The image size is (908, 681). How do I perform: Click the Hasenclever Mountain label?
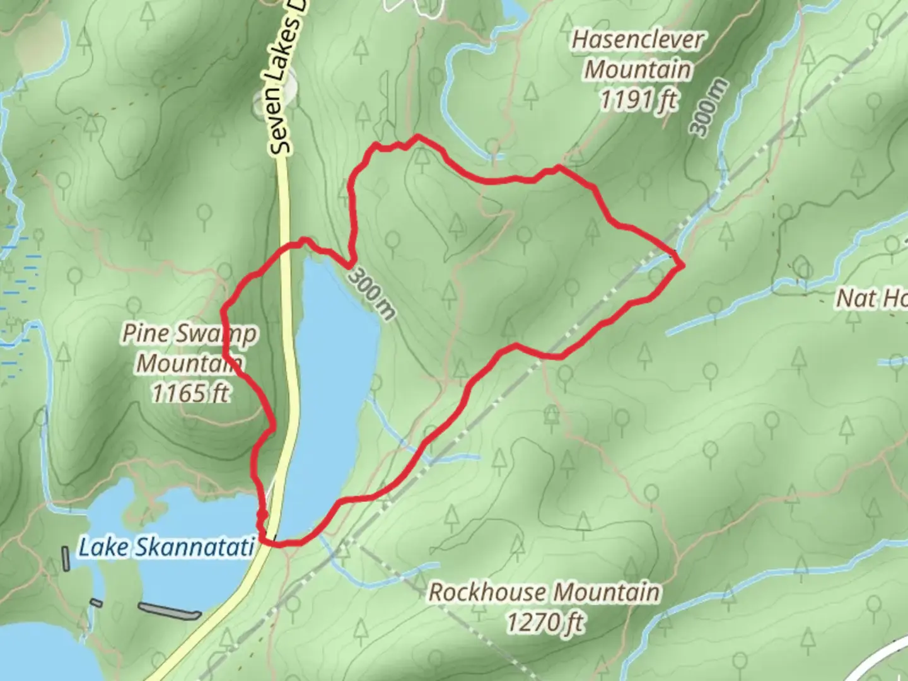click(637, 54)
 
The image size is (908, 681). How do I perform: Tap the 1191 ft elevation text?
click(638, 100)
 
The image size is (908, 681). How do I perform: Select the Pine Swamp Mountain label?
click(189, 348)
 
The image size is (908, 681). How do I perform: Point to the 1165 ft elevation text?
click(190, 393)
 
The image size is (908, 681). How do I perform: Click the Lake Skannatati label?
click(166, 547)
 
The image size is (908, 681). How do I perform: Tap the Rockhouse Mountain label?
click(545, 593)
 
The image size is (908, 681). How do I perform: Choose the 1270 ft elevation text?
click(545, 623)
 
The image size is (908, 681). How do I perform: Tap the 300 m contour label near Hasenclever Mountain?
click(709, 107)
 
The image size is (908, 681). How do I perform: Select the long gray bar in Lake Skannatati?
click(169, 610)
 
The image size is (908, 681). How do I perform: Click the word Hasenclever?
click(637, 40)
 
